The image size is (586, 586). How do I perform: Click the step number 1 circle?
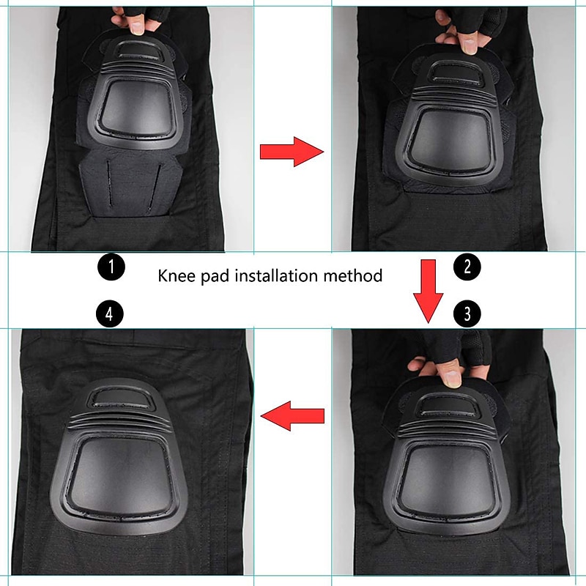[111, 267]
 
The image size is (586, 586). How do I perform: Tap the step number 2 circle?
[467, 267]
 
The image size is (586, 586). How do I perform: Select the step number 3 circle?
[467, 314]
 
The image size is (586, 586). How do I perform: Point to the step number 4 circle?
[109, 314]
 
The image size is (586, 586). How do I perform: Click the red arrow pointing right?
[292, 152]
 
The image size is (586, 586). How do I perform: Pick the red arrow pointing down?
[429, 291]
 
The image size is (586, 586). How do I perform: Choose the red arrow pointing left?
[292, 416]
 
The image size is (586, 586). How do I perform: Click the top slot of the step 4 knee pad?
[120, 398]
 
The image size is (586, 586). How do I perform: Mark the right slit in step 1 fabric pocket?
[155, 186]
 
